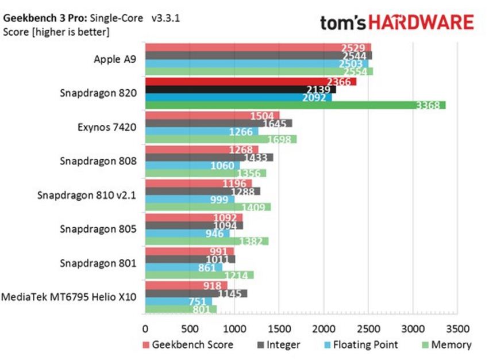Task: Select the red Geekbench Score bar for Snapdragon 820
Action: [250, 82]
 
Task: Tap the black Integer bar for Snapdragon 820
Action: [240, 90]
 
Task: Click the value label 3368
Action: [428, 105]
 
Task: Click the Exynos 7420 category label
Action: [107, 127]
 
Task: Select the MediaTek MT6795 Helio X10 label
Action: [69, 297]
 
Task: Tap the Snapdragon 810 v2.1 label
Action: [87, 195]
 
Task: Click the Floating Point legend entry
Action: [363, 345]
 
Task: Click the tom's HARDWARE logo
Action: [397, 22]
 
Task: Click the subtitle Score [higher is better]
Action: [56, 32]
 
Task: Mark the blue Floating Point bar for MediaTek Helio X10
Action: [178, 301]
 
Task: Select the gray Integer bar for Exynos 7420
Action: [218, 123]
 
